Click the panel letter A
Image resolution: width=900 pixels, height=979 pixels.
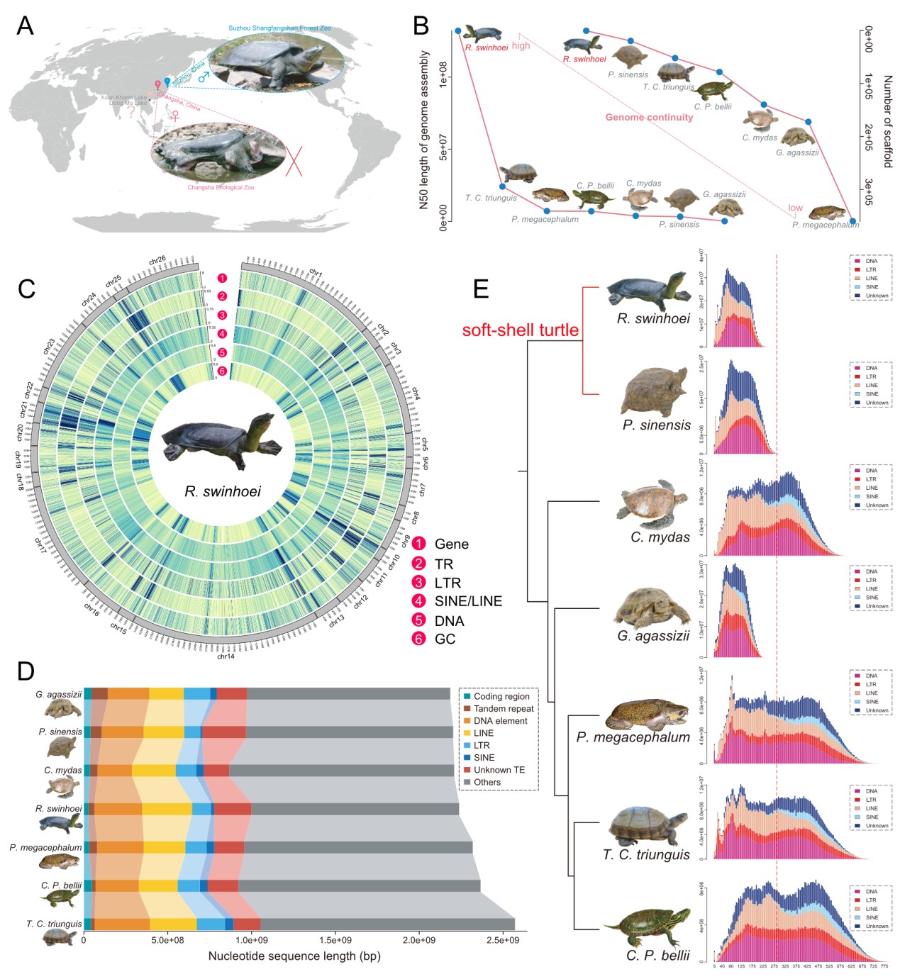coord(25,26)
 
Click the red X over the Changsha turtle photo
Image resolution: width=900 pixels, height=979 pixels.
coord(294,161)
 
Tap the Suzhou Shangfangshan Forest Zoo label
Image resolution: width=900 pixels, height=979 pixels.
coord(279,28)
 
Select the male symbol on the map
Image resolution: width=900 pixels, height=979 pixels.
coord(204,77)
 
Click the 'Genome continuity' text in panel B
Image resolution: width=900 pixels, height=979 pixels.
coord(649,117)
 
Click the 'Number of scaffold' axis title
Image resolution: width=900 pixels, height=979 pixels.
coord(887,121)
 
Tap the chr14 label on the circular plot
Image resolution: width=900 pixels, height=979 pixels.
coord(226,656)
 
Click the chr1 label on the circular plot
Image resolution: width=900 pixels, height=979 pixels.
coord(316,273)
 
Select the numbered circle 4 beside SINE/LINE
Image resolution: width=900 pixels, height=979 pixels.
coord(419,601)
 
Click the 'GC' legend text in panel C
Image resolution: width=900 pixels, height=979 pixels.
coord(445,639)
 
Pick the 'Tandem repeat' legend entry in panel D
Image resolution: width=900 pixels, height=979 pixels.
coord(503,709)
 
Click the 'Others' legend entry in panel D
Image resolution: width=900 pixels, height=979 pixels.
coord(487,783)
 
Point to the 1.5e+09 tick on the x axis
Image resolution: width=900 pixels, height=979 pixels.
coord(335,940)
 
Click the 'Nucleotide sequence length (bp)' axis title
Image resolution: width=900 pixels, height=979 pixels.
coord(294,956)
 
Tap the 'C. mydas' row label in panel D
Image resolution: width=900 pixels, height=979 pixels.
coord(62,770)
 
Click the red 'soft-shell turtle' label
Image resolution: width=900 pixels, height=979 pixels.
coord(520,330)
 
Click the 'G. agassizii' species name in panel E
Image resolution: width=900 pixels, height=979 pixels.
coord(652,636)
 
